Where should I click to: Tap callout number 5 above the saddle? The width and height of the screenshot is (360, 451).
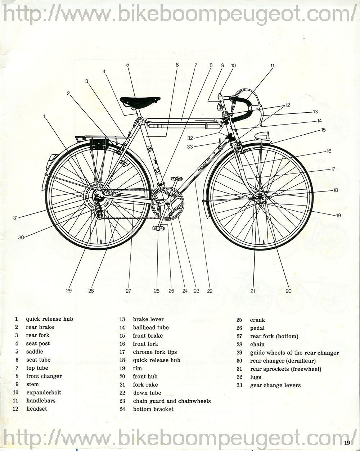[x=127, y=65]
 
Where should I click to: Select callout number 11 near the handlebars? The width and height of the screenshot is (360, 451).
[x=272, y=66]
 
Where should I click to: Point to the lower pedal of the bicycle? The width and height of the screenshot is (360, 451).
[x=157, y=228]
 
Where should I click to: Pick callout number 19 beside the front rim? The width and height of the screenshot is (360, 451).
[x=338, y=216]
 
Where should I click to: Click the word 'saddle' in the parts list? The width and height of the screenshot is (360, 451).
[x=35, y=352]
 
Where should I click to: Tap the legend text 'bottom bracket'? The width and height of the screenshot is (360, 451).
[x=153, y=409]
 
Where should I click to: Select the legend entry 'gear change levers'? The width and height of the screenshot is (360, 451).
[x=275, y=385]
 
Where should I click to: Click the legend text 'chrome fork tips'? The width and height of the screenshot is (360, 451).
[x=155, y=352]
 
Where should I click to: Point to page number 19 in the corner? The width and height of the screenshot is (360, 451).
[x=347, y=443]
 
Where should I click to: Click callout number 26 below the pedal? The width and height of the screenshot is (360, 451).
[x=157, y=291]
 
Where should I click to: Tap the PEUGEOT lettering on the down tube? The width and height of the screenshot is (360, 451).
[x=205, y=164]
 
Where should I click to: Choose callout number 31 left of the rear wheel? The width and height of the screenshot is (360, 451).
[x=15, y=217]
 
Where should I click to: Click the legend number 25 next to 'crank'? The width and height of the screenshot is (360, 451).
[x=239, y=320]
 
